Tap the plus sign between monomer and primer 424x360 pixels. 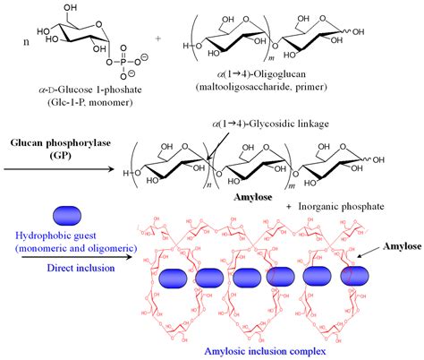click(159, 39)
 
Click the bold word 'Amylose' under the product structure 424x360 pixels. click(258, 193)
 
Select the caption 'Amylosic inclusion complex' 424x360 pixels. click(276, 347)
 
